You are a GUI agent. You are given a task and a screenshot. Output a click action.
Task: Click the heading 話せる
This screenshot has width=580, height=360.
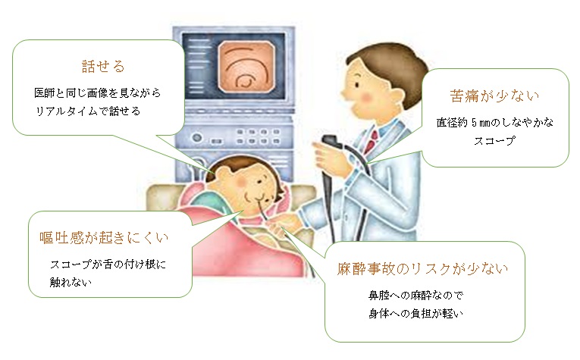point(103,67)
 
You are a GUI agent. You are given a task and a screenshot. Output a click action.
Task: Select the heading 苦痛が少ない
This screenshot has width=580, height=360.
point(494,96)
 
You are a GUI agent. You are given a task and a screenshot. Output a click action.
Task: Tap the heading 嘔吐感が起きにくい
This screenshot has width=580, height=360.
point(104,238)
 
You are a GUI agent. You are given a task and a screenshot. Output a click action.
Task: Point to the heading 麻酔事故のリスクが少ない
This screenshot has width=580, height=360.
point(422,269)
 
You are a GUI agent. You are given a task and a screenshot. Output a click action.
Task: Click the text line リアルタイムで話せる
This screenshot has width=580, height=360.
point(88,111)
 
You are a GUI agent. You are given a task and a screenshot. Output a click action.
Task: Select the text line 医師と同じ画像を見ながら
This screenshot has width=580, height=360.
point(97,92)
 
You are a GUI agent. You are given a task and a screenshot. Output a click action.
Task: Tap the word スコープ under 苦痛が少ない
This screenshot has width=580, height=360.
point(494,141)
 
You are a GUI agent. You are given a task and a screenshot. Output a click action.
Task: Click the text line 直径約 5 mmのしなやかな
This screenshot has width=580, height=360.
point(494,122)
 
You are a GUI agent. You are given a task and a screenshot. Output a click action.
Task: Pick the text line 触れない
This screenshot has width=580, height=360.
point(71,283)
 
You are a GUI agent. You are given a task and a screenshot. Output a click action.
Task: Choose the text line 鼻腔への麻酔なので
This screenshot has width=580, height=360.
point(415,295)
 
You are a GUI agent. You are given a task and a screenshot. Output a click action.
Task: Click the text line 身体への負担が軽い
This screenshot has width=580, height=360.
point(415,314)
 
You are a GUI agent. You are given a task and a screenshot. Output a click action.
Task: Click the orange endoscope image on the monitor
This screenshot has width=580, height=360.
point(246,67)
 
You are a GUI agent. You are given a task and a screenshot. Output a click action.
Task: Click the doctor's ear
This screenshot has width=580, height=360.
point(395,97)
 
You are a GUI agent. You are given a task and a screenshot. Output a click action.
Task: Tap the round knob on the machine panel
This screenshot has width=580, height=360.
point(197,137)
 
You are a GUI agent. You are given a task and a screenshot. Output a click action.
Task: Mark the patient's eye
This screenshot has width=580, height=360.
point(259,181)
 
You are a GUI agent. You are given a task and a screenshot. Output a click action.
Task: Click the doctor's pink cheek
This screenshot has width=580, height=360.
point(365,97)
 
